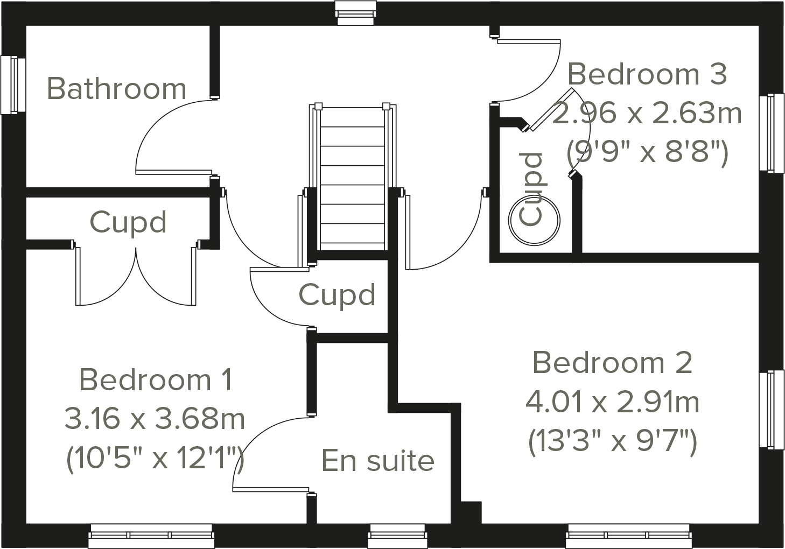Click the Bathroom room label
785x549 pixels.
click(116, 88)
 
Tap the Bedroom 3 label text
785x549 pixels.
click(647, 74)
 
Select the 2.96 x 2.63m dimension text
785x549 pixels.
click(647, 113)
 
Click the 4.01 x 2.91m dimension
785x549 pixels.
click(612, 402)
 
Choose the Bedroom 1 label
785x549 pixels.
click(156, 379)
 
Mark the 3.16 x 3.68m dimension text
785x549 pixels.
click(155, 419)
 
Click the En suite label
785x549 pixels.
click(377, 461)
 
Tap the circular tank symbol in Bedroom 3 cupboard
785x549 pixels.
click(535, 221)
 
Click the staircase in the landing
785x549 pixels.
click(353, 178)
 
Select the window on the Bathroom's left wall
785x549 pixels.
click(13, 85)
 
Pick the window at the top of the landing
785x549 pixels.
click(355, 12)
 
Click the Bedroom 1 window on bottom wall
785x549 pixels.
click(151, 537)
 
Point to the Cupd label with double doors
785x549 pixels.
click(128, 222)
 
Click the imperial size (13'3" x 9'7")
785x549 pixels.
click(612, 442)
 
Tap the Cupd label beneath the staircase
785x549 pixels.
click(337, 295)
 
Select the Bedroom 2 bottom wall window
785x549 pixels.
click(628, 537)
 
